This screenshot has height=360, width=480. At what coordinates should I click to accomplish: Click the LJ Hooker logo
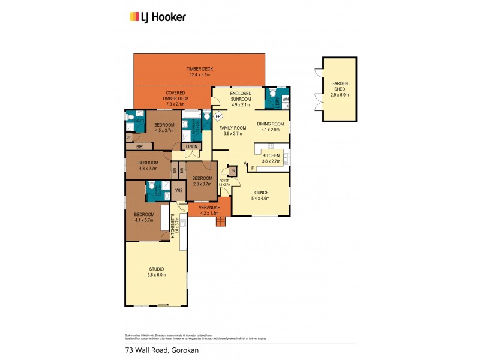[x=158, y=17]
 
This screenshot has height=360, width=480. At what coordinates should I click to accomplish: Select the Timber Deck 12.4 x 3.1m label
[x=199, y=73]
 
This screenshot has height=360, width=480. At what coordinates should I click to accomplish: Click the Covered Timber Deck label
[x=176, y=98]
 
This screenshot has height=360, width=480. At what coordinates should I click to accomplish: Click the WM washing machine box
[x=286, y=98]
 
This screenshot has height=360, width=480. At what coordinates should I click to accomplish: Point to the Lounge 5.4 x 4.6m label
[x=260, y=195]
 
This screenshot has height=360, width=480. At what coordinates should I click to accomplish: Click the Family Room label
[x=232, y=131]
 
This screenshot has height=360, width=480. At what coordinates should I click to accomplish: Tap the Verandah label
[x=202, y=209]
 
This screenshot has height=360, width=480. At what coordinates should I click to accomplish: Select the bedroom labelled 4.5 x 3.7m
[x=164, y=127]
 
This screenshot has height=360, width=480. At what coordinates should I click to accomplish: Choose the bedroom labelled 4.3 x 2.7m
[x=148, y=166]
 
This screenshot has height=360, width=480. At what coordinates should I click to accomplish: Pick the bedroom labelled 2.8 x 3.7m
[x=202, y=181]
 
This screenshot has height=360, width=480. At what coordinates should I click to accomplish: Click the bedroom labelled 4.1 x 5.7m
[x=144, y=217]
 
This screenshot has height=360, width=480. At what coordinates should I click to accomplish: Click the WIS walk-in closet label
[x=178, y=191]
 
